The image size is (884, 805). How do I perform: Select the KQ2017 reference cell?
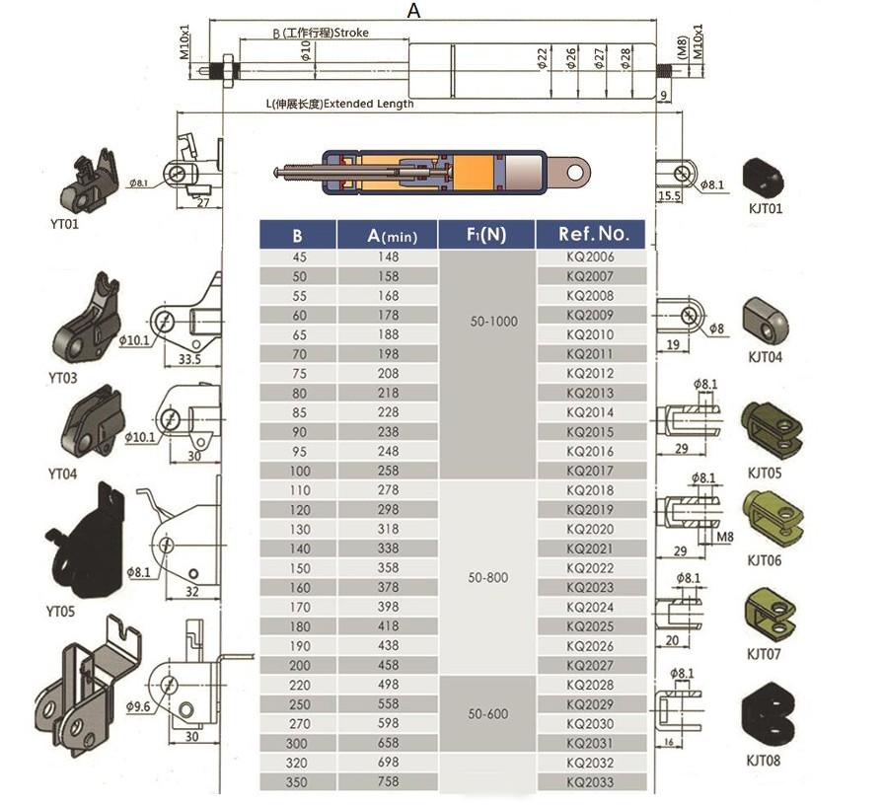tap(590, 471)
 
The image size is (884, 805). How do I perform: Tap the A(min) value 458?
tap(389, 666)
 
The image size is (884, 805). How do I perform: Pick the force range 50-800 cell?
tap(487, 577)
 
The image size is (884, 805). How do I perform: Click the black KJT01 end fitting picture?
tap(764, 177)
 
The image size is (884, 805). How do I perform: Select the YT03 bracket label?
tap(62, 378)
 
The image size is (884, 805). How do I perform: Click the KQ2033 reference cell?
tap(590, 782)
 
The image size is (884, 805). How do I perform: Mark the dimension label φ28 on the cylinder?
tap(626, 58)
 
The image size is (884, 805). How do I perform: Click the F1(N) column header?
tap(486, 235)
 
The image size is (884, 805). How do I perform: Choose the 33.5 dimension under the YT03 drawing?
tap(190, 360)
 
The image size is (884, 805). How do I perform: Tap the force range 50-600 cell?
tap(487, 713)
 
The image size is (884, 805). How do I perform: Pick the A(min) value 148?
tap(389, 256)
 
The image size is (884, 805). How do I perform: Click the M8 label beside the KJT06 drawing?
tap(726, 537)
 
